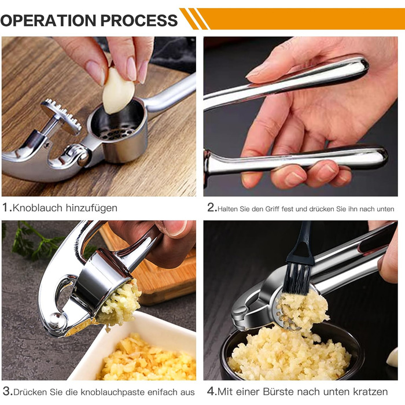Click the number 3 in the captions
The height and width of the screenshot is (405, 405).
point(6,391)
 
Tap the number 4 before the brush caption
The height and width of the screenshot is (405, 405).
point(212,391)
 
